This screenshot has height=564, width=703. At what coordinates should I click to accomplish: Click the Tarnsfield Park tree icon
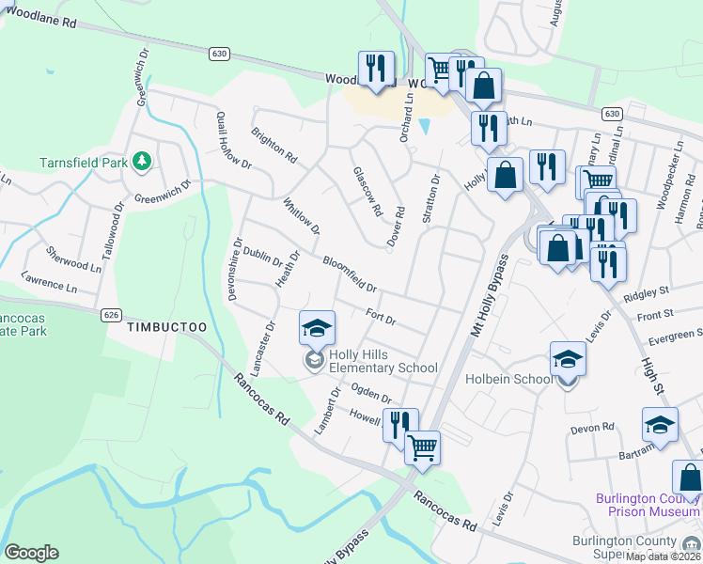click(143, 162)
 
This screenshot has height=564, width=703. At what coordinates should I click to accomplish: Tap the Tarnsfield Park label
click(83, 163)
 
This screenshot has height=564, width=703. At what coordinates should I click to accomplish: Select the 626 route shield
click(111, 314)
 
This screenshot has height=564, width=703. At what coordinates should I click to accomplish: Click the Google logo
click(31, 553)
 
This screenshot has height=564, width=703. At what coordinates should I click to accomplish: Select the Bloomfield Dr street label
click(349, 274)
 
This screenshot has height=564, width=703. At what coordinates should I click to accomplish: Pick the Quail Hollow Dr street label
click(234, 149)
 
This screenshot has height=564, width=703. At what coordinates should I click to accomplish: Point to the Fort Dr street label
click(380, 318)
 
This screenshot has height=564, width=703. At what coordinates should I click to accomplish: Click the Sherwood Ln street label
click(74, 259)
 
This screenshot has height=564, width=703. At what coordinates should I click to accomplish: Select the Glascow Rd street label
click(367, 192)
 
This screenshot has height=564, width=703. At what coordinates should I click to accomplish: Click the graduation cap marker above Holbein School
click(568, 358)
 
